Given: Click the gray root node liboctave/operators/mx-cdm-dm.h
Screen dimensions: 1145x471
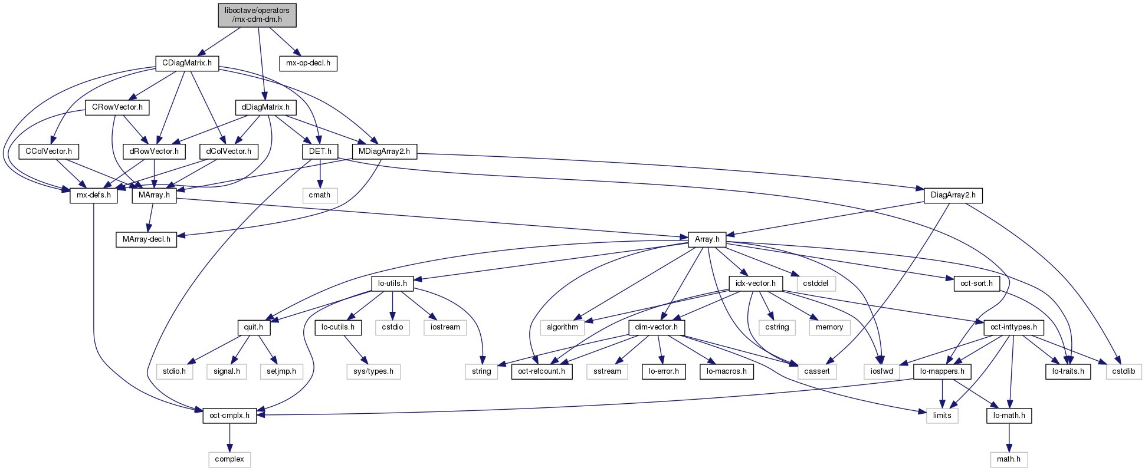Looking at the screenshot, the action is (257, 15).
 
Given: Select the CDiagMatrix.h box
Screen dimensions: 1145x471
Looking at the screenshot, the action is (186, 63).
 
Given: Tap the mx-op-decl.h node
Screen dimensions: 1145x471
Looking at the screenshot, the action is (308, 63).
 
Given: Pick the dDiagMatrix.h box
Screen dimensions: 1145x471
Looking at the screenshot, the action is (265, 107).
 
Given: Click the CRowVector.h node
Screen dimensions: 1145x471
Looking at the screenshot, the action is (117, 107).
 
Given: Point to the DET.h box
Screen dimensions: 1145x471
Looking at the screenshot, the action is (320, 151).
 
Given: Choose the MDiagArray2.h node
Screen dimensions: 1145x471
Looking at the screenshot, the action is (385, 151).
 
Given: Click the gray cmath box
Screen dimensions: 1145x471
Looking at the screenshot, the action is (320, 195).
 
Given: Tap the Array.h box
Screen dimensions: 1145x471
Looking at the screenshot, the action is (707, 239).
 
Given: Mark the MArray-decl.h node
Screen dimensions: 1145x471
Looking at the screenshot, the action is (146, 239).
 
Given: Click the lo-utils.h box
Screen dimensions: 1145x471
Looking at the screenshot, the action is (392, 284).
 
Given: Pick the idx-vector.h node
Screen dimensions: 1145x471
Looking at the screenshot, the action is (756, 284).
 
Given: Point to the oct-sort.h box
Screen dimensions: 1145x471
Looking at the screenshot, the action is (976, 284).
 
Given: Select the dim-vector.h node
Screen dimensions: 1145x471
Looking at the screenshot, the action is (657, 327).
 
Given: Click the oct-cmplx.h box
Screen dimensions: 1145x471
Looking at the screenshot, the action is (229, 416).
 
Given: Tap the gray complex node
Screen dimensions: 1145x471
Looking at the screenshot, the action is (229, 459).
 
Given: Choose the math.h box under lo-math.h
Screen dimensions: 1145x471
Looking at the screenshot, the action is (1009, 459).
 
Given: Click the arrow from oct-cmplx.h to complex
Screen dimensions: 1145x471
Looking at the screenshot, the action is (229, 437).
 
